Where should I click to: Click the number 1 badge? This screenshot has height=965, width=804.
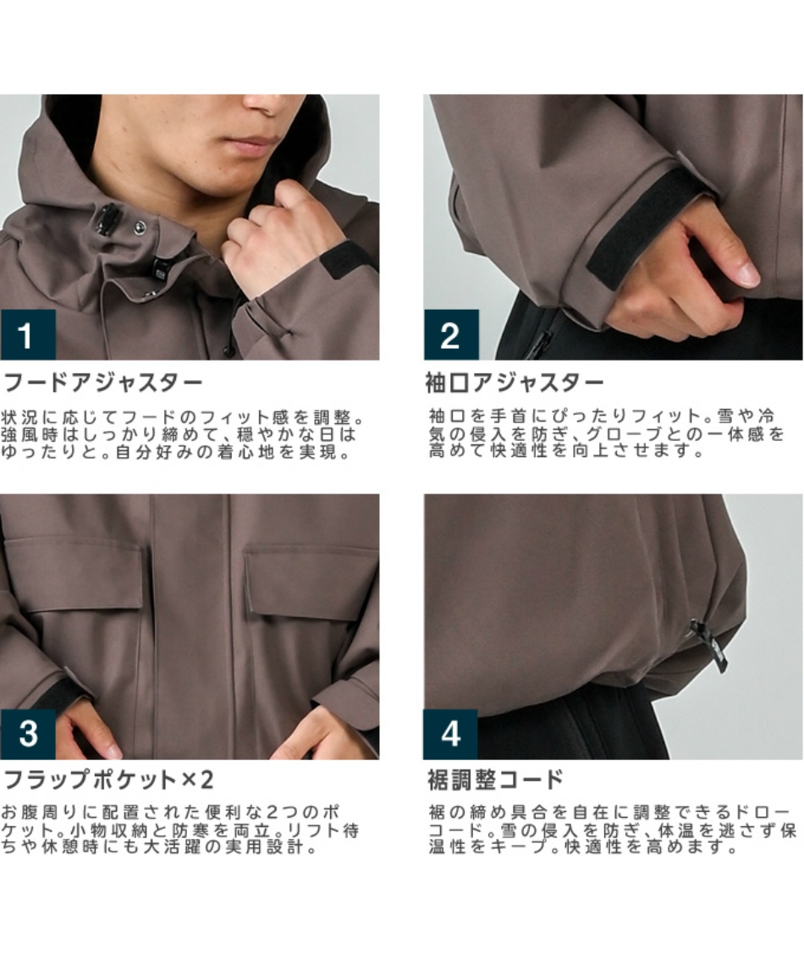28,335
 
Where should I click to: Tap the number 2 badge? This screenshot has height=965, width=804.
451,335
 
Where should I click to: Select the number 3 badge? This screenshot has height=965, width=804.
28,734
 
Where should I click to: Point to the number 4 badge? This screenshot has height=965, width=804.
450,734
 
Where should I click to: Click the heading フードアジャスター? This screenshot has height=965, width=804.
102,383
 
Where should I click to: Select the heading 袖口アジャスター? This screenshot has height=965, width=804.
515,383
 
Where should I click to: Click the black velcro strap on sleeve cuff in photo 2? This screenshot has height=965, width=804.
646,222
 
